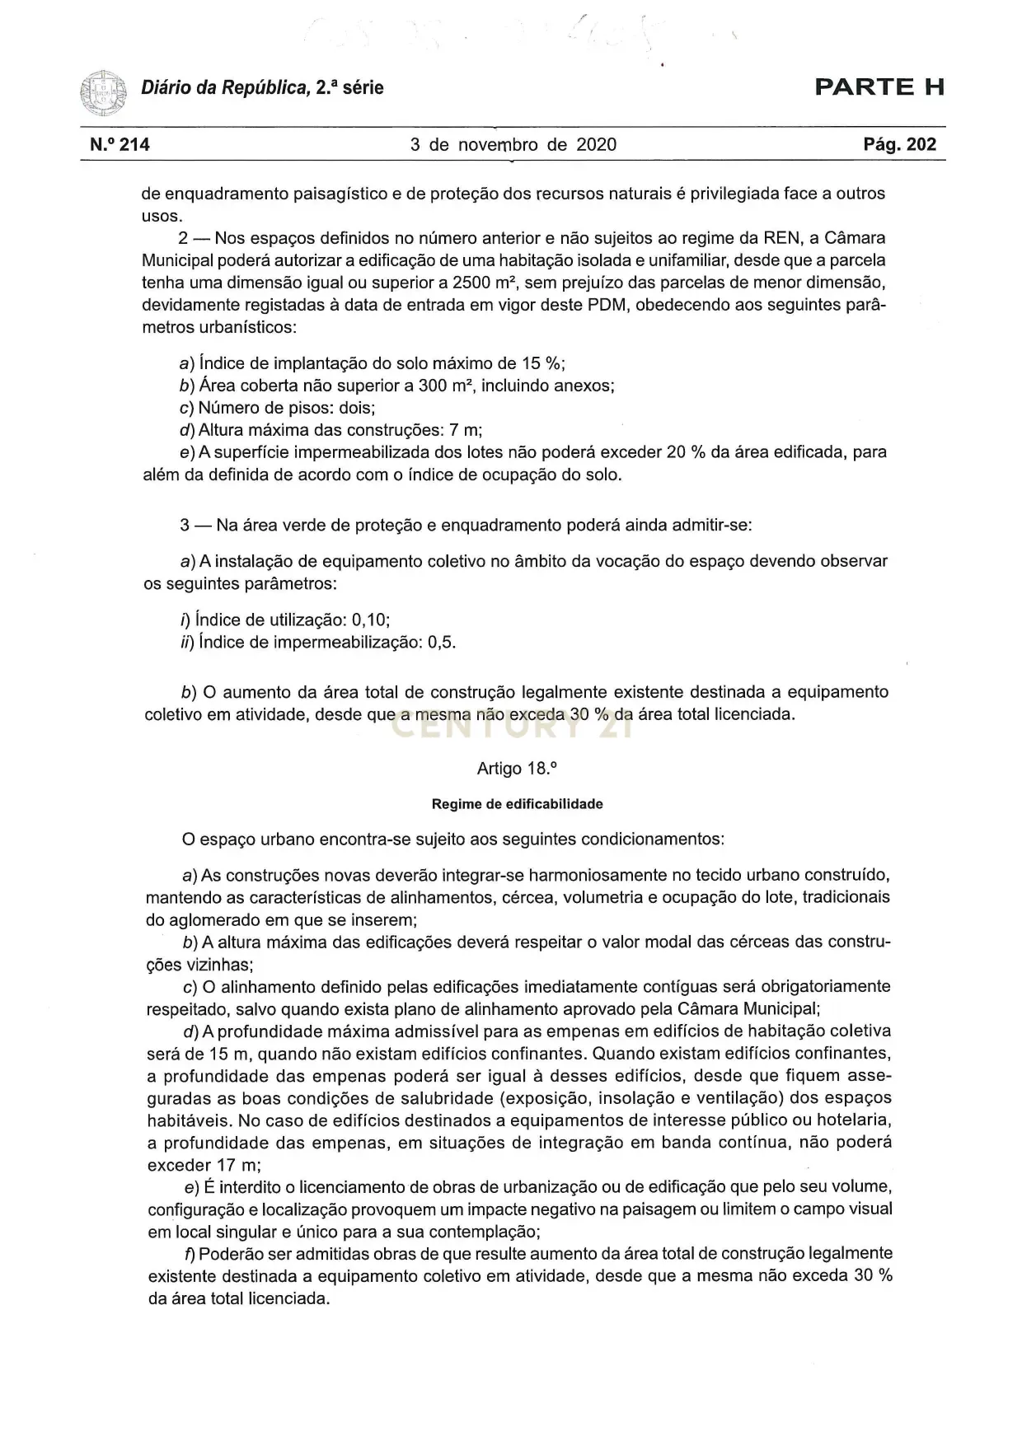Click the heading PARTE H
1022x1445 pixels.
(x=879, y=87)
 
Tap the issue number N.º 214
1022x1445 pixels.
(x=120, y=145)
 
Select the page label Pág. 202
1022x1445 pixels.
(x=900, y=145)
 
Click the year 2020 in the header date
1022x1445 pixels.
(x=596, y=145)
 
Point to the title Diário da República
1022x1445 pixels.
(x=223, y=87)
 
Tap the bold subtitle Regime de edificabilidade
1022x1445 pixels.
(x=517, y=804)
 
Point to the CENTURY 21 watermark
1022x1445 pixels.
(x=511, y=727)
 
